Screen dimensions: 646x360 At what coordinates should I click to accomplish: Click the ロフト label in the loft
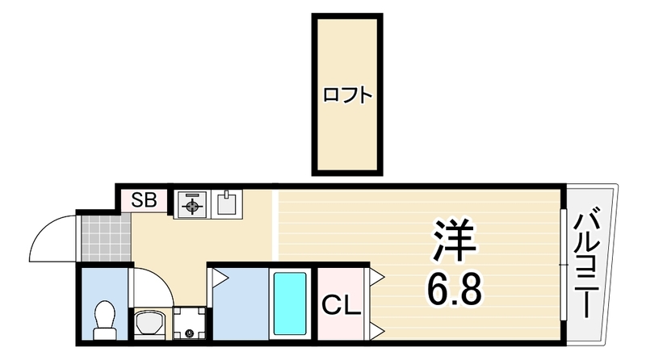coord(347,95)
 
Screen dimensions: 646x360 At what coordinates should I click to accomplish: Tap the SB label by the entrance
coord(144,200)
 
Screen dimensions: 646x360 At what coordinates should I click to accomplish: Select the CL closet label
coord(341,305)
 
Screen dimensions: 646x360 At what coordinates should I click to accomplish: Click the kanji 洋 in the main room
coord(454,241)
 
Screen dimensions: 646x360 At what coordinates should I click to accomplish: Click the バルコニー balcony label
coord(587,266)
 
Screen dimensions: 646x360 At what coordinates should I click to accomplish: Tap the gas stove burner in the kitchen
coord(192,204)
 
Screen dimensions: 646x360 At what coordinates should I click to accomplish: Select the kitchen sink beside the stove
coord(227,203)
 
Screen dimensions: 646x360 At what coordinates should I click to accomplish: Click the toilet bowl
coord(104,320)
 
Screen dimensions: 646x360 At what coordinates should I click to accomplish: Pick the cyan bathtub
coord(290,303)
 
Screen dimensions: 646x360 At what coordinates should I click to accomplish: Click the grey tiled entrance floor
coord(107,238)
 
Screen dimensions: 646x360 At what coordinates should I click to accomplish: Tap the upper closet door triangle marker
coord(377,277)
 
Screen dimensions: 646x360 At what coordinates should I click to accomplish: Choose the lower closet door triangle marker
coord(377,331)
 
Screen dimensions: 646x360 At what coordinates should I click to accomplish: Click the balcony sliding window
coord(563,265)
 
